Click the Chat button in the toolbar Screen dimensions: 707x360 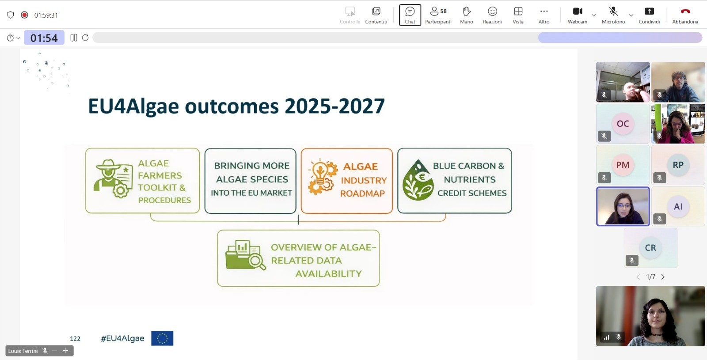[410, 15]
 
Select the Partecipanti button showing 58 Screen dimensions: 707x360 [438, 15]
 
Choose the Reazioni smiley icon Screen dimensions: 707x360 [492, 11]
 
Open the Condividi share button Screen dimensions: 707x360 [649, 15]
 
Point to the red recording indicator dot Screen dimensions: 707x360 [24, 15]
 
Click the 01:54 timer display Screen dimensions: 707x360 [44, 38]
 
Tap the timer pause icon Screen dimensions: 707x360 [73, 38]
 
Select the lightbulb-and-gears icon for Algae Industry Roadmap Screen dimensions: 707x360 [323, 176]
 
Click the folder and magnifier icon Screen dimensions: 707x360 [246, 255]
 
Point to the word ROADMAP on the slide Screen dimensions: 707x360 [362, 193]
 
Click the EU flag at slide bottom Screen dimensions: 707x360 [162, 338]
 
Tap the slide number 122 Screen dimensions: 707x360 [75, 338]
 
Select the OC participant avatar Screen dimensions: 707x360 [623, 124]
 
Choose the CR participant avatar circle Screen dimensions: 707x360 [650, 248]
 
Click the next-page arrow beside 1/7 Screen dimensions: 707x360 [663, 277]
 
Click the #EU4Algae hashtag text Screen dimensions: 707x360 [122, 338]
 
